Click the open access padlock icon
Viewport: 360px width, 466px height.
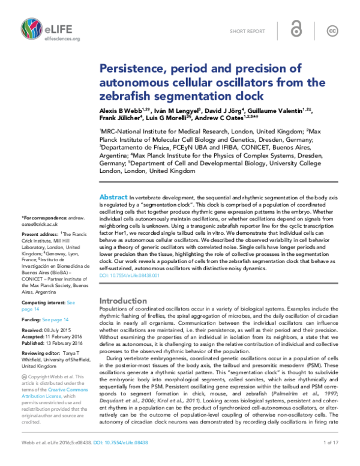coord(295,31)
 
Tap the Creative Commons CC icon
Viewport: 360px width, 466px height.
coord(331,31)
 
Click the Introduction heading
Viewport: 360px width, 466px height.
coord(122,300)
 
